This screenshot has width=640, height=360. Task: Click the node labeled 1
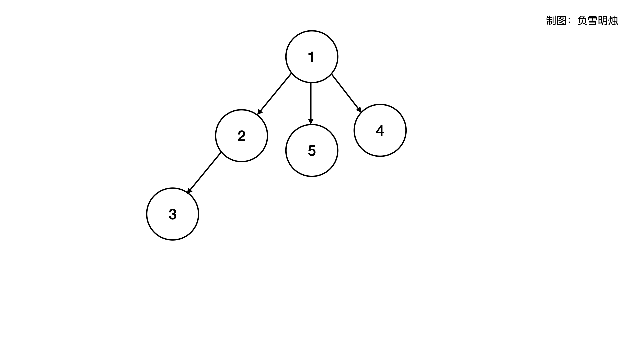click(312, 57)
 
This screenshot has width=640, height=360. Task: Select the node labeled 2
click(241, 136)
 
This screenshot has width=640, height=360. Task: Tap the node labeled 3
click(172, 214)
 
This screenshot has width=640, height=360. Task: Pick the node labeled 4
click(380, 130)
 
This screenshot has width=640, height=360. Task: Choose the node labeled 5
click(312, 151)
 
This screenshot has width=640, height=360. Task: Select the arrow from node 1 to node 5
click(311, 103)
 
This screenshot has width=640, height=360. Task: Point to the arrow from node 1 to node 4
click(346, 93)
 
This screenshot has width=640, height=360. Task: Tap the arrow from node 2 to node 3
click(204, 173)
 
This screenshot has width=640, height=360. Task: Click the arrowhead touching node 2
click(260, 112)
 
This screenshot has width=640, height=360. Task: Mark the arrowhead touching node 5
click(311, 121)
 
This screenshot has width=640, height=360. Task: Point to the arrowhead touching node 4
click(359, 109)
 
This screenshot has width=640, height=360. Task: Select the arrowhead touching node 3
click(189, 191)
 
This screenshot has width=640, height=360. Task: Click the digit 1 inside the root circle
click(311, 57)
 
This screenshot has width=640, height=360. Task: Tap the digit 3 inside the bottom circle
click(172, 214)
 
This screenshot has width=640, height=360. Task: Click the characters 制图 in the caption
click(556, 21)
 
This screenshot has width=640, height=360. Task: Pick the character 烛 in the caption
click(613, 21)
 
